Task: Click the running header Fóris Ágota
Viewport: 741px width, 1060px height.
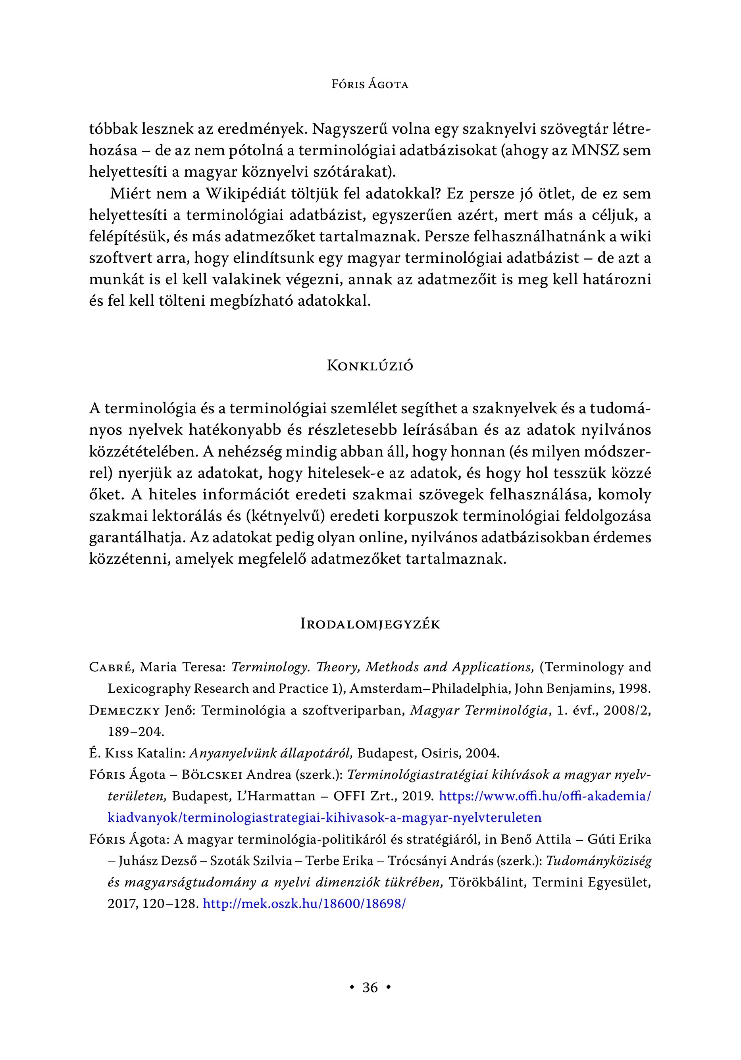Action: click(370, 85)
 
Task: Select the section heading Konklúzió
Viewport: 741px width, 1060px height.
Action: click(370, 366)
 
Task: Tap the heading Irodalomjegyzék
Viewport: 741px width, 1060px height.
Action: click(370, 624)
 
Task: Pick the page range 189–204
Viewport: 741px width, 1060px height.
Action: click(136, 732)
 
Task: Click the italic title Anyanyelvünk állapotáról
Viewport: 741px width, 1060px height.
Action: click(271, 754)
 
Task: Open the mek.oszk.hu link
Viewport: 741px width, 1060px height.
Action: click(304, 904)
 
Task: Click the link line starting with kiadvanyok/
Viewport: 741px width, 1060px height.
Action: click(324, 817)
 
